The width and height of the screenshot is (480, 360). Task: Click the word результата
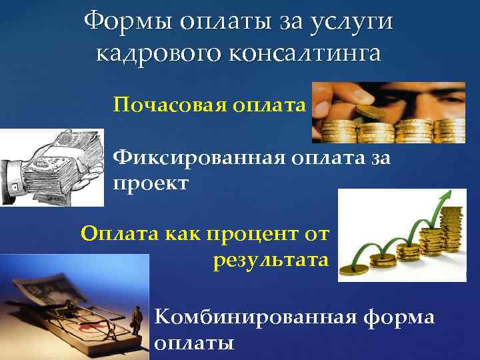(271, 259)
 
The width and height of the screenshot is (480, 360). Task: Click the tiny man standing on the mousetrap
(136, 319)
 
